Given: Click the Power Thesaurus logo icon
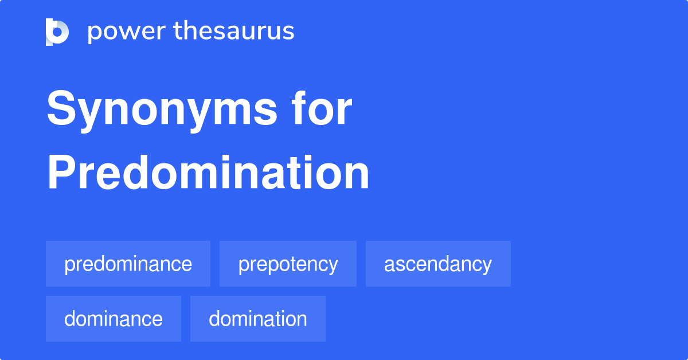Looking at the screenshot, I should (57, 32).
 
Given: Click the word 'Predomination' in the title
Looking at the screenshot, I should (208, 174).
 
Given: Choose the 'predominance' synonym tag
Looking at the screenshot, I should (128, 264).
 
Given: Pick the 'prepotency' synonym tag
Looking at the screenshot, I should (288, 264).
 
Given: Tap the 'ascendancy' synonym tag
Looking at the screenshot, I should (438, 264).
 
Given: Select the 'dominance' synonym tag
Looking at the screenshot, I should (114, 319).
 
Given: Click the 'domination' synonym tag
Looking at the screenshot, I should (258, 319).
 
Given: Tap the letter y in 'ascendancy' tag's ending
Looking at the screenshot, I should (487, 266).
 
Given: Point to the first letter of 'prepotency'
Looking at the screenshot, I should (243, 266).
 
